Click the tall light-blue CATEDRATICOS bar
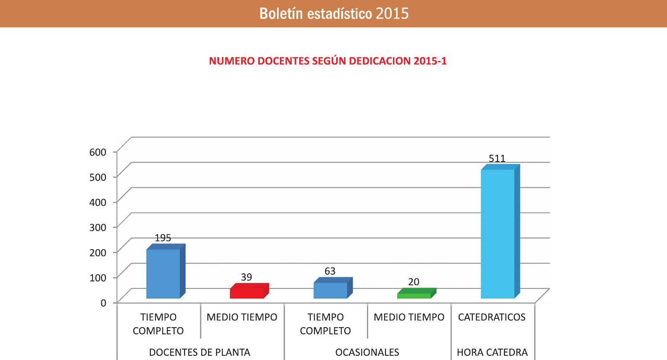(498, 233)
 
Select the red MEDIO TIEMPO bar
(247, 293)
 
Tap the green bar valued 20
(414, 296)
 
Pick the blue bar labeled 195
(163, 273)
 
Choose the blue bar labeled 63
(330, 290)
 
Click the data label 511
(497, 159)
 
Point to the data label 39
(246, 277)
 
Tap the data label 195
(163, 238)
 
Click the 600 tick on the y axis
(98, 152)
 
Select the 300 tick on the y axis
(98, 228)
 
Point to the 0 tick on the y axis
(103, 303)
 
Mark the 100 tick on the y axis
(98, 278)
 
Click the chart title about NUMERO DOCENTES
(328, 61)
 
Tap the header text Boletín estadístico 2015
(334, 13)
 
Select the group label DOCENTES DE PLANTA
(200, 352)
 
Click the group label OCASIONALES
(367, 352)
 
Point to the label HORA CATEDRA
(492, 352)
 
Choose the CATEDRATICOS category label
(492, 317)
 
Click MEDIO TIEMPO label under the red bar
(242, 317)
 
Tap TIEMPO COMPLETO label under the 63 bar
(325, 324)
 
